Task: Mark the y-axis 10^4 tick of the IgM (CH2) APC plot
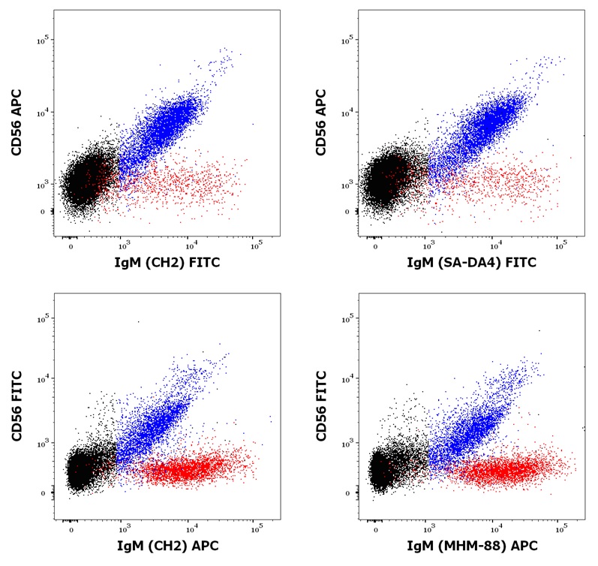[44, 379]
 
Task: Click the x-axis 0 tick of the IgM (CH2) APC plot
[71, 528]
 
